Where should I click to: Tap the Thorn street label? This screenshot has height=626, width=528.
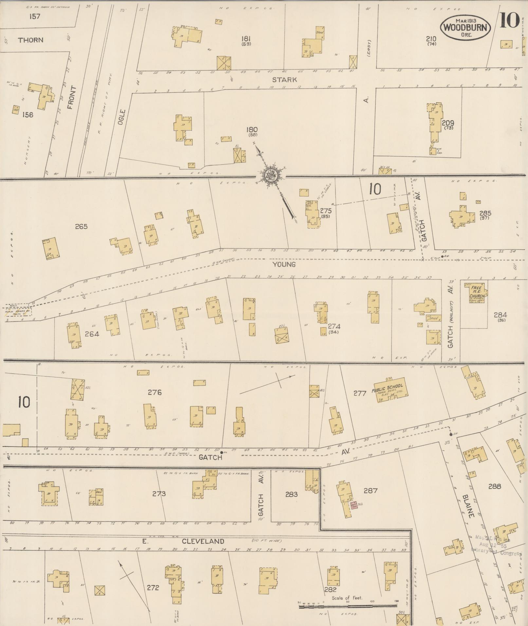[x=30, y=40]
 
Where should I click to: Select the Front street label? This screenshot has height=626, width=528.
[x=72, y=98]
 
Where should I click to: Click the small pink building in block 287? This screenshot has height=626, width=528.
[x=353, y=505]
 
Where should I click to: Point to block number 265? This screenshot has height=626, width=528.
[x=81, y=226]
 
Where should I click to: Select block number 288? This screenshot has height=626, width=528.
[x=494, y=486]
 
